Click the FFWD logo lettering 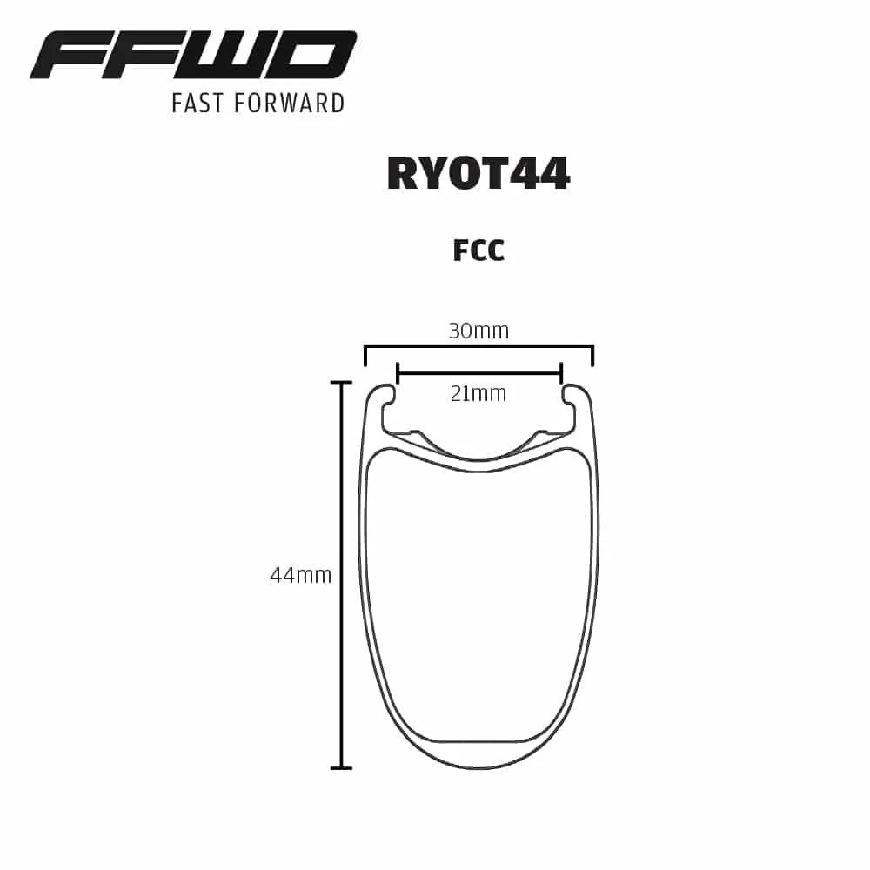(193, 56)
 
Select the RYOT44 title (478, 173)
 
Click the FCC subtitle (478, 251)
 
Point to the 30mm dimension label (478, 331)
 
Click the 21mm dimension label (478, 394)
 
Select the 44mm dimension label (300, 575)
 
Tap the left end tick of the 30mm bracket (365, 357)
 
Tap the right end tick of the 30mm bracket (592, 357)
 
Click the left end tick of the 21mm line (397, 373)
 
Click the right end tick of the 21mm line (561, 373)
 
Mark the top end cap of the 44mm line (341, 382)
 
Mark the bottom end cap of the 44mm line (341, 768)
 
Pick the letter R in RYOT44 (403, 173)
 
